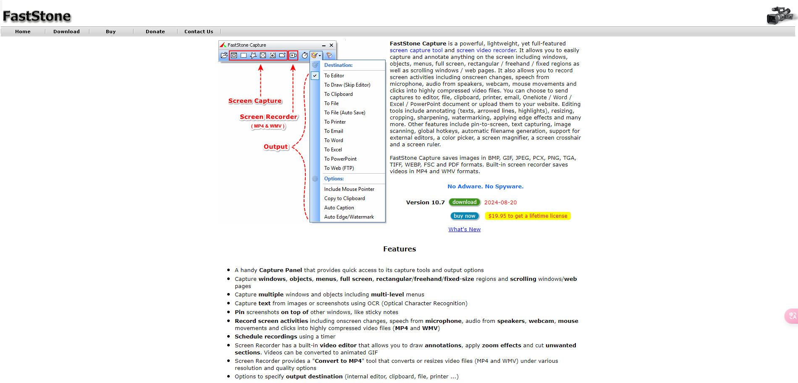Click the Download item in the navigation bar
[x=66, y=32]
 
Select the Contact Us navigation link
[x=199, y=32]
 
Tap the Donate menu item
[x=155, y=32]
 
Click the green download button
[x=464, y=202]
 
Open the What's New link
[x=464, y=230]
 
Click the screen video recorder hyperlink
[x=486, y=50]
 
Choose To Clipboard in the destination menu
[x=338, y=94]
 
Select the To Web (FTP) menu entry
[x=339, y=168]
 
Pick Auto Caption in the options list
[x=339, y=208]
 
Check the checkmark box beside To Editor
[x=315, y=76]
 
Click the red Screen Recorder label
[x=268, y=117]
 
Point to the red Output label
[x=276, y=147]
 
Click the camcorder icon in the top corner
[x=780, y=16]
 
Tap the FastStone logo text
[x=37, y=16]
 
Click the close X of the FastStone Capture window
[x=331, y=45]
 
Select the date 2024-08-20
[x=500, y=203]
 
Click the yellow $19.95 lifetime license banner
[x=528, y=216]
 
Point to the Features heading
[x=399, y=249]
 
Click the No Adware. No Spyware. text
[x=485, y=187]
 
